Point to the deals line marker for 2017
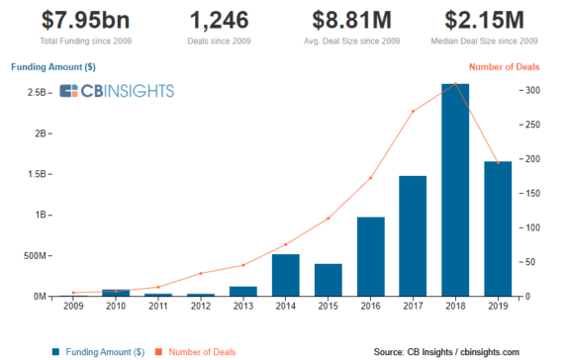point(413,111)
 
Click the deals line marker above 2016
point(370,178)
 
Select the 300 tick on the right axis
point(535,91)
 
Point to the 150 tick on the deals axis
point(535,194)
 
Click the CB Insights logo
point(117,92)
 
